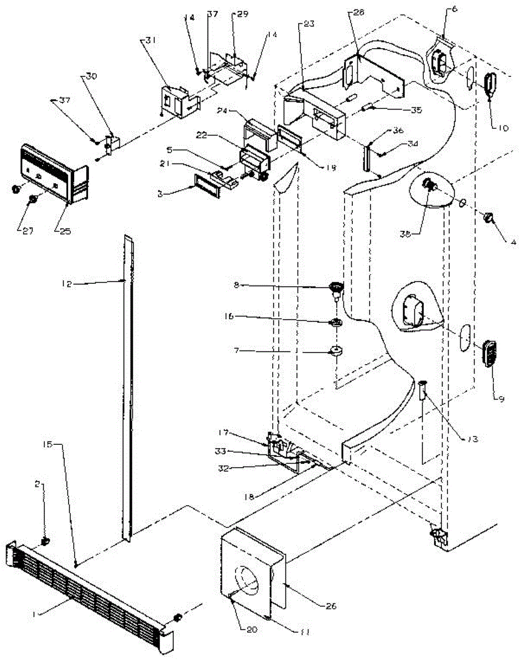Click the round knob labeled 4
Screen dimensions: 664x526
pos(488,218)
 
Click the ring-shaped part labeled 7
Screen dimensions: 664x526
pos(336,350)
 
